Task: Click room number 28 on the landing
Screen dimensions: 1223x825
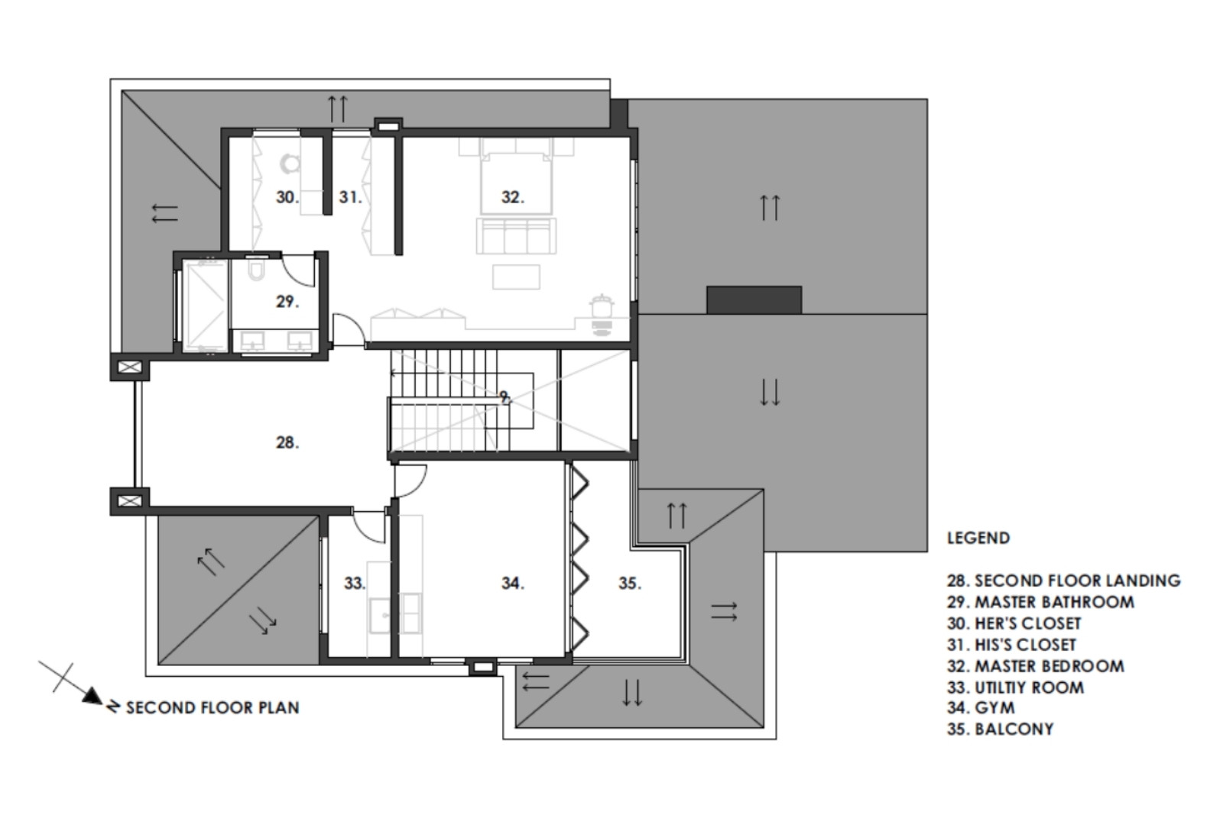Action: (x=287, y=442)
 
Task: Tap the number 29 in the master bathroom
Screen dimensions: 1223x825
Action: (x=287, y=301)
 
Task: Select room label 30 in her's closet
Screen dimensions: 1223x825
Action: (x=287, y=197)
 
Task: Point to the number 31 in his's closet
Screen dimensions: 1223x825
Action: (x=350, y=197)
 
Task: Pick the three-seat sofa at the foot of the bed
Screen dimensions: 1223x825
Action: (x=516, y=236)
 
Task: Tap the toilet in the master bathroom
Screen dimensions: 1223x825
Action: (x=256, y=269)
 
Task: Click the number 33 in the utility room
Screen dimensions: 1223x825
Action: (x=355, y=584)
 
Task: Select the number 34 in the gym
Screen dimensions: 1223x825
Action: (x=513, y=584)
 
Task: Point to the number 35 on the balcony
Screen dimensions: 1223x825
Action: (x=630, y=584)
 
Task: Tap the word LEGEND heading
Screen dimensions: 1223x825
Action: (x=978, y=538)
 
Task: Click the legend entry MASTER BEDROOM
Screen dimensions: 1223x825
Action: (x=1049, y=666)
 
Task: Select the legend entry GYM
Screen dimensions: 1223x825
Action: (x=994, y=707)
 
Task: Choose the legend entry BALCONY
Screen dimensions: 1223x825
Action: (x=1014, y=729)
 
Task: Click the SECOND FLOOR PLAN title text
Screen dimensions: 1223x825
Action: (x=212, y=707)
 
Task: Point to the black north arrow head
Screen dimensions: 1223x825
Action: (x=92, y=696)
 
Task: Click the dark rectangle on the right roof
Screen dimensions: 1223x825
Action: (x=754, y=300)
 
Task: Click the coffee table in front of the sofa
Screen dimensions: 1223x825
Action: (x=516, y=277)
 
